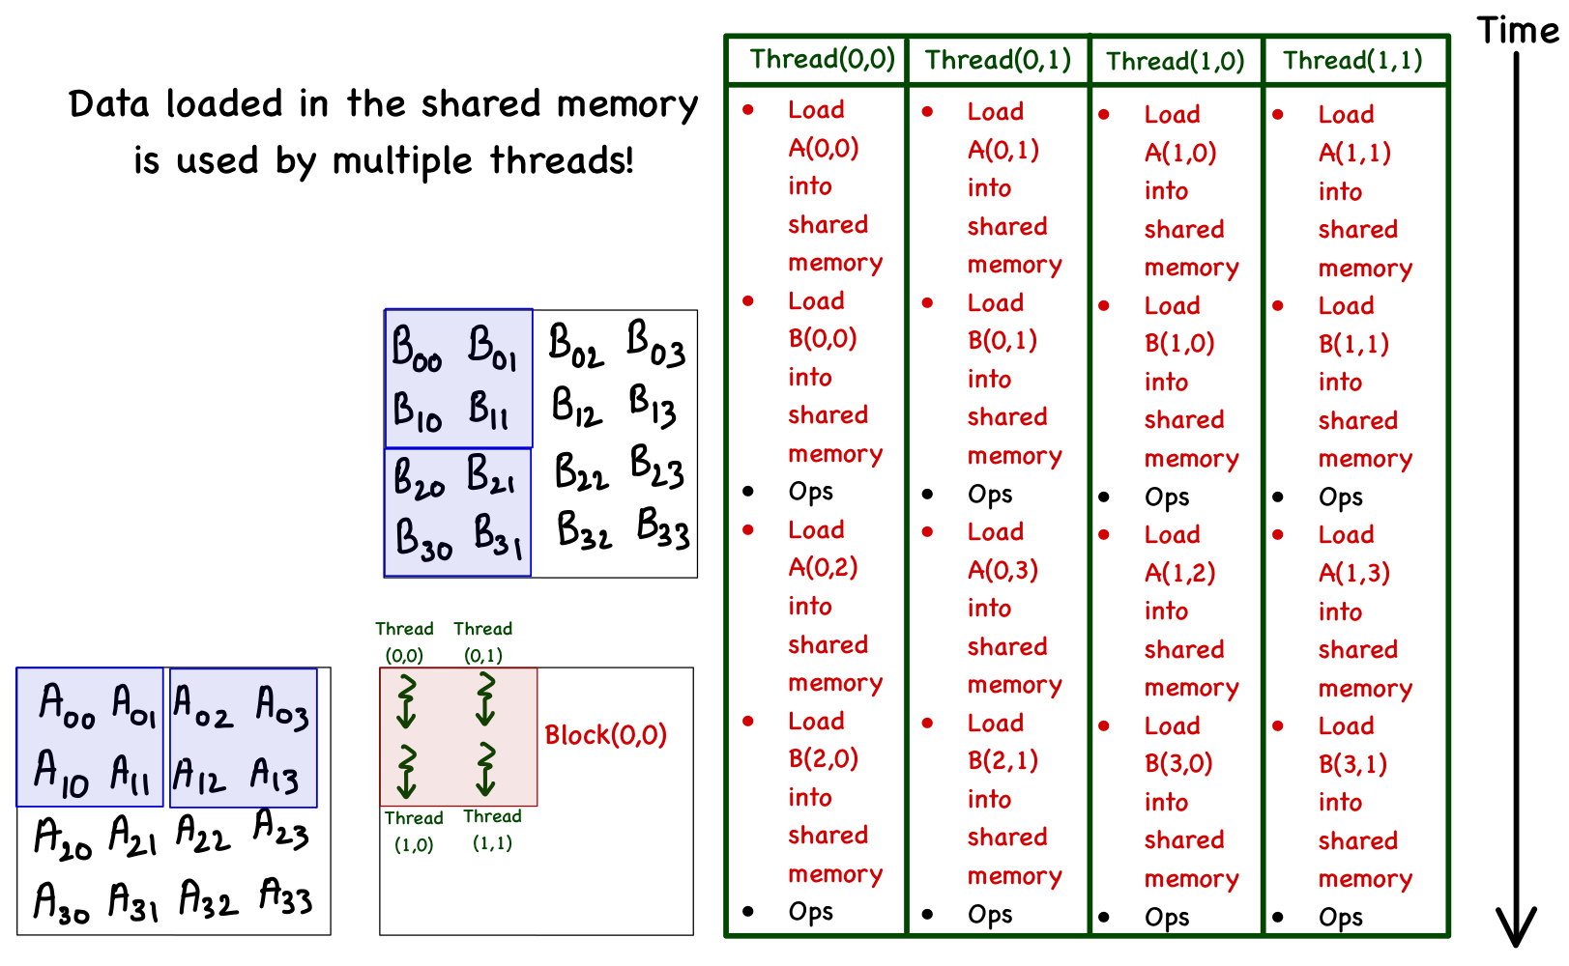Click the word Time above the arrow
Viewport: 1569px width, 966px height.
coord(1517,31)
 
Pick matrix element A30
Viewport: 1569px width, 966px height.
coord(62,902)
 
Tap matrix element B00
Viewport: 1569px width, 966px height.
coord(417,348)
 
